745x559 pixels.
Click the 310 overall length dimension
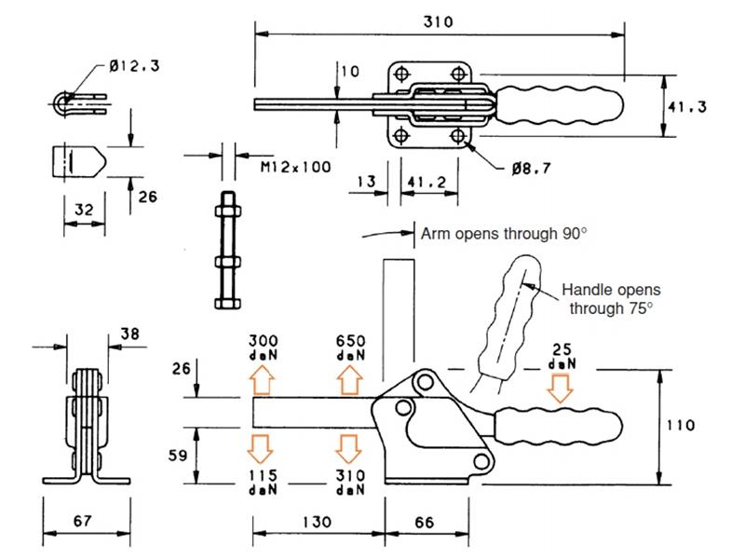tap(438, 21)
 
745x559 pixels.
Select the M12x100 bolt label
tap(295, 167)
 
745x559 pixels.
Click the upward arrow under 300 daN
tap(263, 380)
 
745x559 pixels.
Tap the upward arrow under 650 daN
tap(349, 380)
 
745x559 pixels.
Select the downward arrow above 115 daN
tap(263, 447)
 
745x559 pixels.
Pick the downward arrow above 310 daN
tap(349, 447)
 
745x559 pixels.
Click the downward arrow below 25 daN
tap(559, 387)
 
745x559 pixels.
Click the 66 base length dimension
tap(424, 524)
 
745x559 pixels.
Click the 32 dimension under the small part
tap(83, 211)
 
